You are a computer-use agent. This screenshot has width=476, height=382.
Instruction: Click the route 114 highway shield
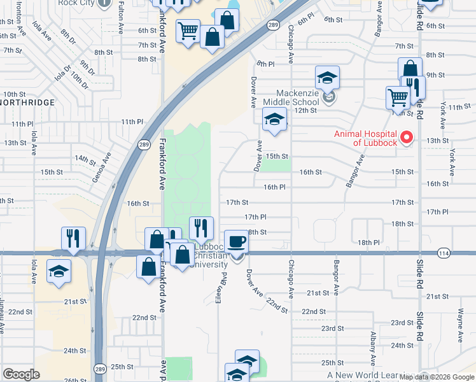[443, 253]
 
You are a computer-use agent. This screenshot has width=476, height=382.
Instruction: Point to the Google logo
[21, 374]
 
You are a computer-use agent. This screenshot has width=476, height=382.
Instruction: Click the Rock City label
[94, 3]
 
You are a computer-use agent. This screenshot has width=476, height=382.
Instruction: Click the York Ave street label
[452, 164]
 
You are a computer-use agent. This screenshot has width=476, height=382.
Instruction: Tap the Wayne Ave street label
[459, 322]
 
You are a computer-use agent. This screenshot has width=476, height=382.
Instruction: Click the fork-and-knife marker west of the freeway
[73, 239]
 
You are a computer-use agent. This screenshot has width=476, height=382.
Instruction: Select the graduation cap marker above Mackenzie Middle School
[328, 78]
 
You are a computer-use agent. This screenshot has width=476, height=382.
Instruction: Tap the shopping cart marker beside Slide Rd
[398, 97]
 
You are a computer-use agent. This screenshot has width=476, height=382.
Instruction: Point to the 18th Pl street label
[368, 243]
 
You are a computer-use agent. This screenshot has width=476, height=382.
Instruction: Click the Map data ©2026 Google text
[437, 377]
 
